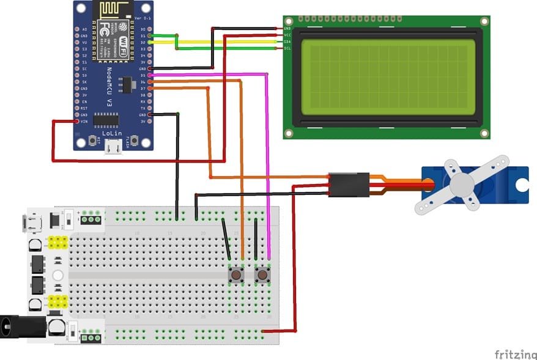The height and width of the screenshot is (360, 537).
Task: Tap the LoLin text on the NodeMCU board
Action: [x=110, y=132]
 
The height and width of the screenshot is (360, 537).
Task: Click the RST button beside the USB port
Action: [x=92, y=139]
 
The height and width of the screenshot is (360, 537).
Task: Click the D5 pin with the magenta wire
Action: [x=150, y=75]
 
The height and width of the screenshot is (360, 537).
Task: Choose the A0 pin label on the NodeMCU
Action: [x=84, y=29]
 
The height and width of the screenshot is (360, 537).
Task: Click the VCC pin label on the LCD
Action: [x=287, y=35]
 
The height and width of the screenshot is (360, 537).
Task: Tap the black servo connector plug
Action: [x=349, y=185]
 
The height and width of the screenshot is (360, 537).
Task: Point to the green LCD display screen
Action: [x=388, y=77]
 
